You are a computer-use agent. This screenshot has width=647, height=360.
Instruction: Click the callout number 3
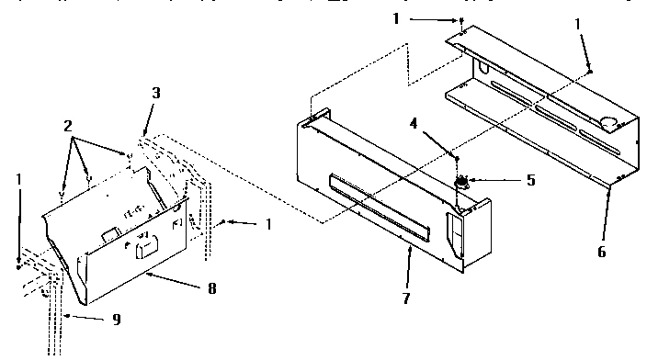point(157,93)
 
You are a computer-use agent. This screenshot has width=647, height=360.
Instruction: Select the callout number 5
point(530,181)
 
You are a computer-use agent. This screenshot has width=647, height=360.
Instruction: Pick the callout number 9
point(116,319)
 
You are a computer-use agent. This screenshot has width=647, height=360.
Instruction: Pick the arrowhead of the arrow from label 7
point(407,246)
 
